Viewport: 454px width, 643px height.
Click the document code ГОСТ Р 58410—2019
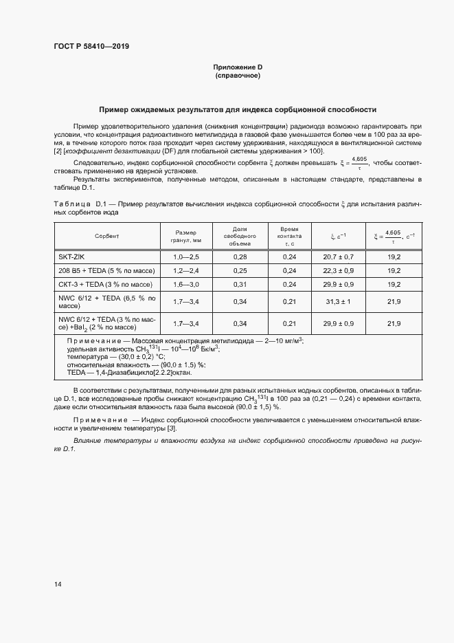point(91,47)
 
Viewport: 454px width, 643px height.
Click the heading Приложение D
point(238,67)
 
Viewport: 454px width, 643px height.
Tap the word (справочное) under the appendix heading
point(238,76)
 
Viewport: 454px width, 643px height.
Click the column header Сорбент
point(107,236)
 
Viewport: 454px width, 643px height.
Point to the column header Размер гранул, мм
point(185,236)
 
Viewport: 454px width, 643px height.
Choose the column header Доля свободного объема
point(240,236)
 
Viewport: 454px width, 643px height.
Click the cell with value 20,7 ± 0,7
point(338,256)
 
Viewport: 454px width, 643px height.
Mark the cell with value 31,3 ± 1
point(338,301)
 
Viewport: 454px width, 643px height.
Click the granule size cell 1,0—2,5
point(185,256)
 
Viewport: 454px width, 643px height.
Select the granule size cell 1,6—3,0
point(185,283)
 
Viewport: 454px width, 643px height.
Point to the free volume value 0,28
point(240,256)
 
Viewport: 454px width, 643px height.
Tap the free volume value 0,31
point(240,283)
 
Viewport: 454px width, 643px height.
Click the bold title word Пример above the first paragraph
point(117,109)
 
